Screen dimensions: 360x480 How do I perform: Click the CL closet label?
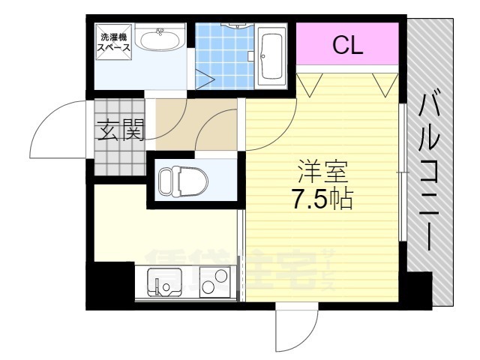348,46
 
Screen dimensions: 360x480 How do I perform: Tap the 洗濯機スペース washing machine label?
115,42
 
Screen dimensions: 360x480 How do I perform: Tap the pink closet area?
348,46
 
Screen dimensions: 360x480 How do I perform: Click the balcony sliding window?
403,172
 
